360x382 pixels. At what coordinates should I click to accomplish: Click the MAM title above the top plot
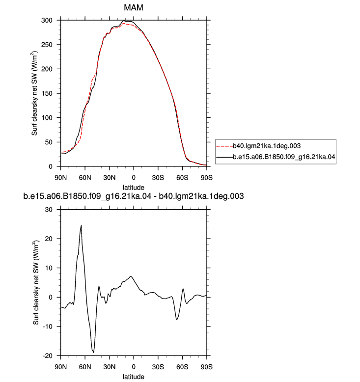click(x=134, y=7)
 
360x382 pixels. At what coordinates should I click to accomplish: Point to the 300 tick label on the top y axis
click(x=47, y=20)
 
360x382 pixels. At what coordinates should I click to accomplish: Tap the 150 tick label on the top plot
click(x=47, y=93)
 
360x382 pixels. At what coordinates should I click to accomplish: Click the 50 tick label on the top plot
click(x=49, y=142)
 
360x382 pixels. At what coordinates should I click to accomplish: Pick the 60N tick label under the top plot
click(x=85, y=178)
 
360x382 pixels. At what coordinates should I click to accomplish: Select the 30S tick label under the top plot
click(x=158, y=178)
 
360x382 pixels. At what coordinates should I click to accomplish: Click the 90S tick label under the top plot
click(x=207, y=178)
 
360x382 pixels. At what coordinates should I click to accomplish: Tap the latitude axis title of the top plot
click(x=134, y=188)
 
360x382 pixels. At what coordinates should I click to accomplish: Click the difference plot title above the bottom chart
click(x=134, y=196)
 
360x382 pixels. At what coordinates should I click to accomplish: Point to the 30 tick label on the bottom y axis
click(x=49, y=210)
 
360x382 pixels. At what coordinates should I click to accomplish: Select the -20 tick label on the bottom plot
click(x=48, y=355)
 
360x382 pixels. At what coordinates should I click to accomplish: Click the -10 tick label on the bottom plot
click(x=48, y=327)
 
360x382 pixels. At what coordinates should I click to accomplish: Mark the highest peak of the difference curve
click(x=81, y=225)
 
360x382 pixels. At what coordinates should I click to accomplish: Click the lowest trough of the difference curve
click(x=93, y=352)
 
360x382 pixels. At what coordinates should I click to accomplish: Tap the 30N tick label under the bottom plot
click(x=109, y=367)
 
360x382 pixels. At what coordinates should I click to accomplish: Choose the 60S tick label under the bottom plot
click(x=182, y=367)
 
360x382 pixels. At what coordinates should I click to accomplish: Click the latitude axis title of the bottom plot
click(x=134, y=377)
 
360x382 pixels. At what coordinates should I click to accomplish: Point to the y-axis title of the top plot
click(x=35, y=93)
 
